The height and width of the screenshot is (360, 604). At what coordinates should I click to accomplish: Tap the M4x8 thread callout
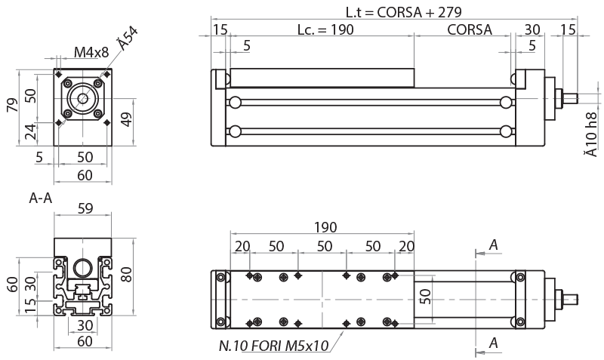point(91,52)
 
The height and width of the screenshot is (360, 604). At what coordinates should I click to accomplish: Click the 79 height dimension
point(11,105)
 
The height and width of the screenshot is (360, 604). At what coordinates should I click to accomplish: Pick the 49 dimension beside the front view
point(126,119)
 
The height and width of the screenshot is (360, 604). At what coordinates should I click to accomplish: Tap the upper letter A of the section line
point(493,245)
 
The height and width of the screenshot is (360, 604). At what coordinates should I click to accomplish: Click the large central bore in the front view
point(82,99)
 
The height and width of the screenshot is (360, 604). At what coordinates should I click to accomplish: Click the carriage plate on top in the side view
point(322,78)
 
